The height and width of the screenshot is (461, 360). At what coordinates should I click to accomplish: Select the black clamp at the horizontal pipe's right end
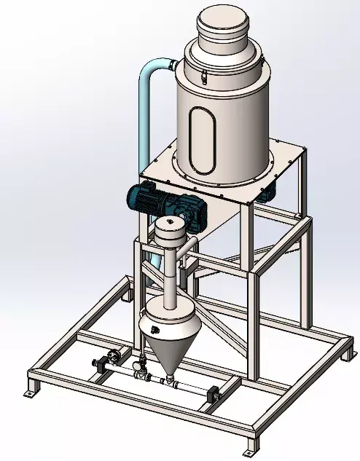pyautogui.click(x=214, y=394)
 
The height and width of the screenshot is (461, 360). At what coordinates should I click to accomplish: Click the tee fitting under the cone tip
pyautogui.click(x=168, y=379)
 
